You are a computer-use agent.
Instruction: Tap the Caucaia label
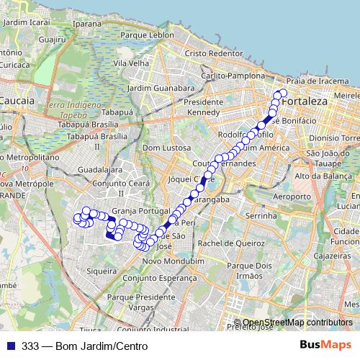click(x=17, y=102)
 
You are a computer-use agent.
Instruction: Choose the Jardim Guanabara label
click(x=161, y=88)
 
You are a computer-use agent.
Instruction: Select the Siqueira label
click(x=101, y=272)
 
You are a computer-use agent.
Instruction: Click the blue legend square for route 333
click(x=10, y=346)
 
